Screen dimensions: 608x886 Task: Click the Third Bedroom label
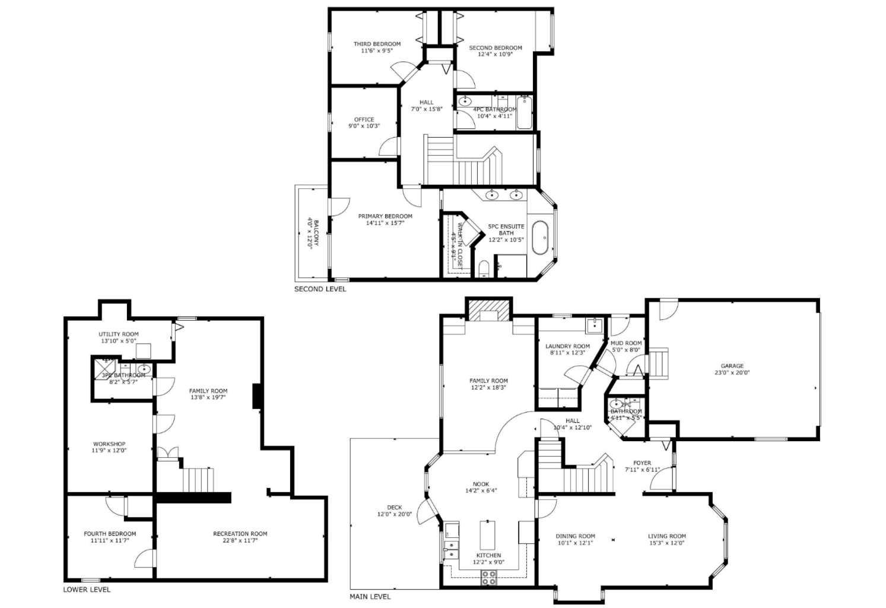pos(377,44)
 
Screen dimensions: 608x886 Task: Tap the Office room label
pos(364,119)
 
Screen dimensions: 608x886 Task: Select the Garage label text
pos(732,366)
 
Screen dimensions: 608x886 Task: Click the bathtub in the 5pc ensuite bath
pos(540,237)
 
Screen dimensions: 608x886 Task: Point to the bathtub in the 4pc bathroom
pos(525,113)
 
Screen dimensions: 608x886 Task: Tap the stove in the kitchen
pos(488,578)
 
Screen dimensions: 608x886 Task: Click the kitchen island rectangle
pos(487,535)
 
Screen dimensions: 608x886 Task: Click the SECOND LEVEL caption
pos(320,289)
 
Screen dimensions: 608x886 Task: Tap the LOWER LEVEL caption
pos(87,590)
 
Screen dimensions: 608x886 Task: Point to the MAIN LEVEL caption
pos(370,597)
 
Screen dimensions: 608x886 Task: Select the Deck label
pos(395,508)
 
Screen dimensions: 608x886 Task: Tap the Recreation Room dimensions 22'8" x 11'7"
pos(240,541)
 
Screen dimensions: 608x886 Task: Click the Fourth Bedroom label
pos(110,534)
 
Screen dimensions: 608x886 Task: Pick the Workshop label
pos(109,444)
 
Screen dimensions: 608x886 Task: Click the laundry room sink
pos(593,325)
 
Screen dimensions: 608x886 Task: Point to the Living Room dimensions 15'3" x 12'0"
pos(666,543)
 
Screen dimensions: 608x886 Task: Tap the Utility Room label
pos(119,334)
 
